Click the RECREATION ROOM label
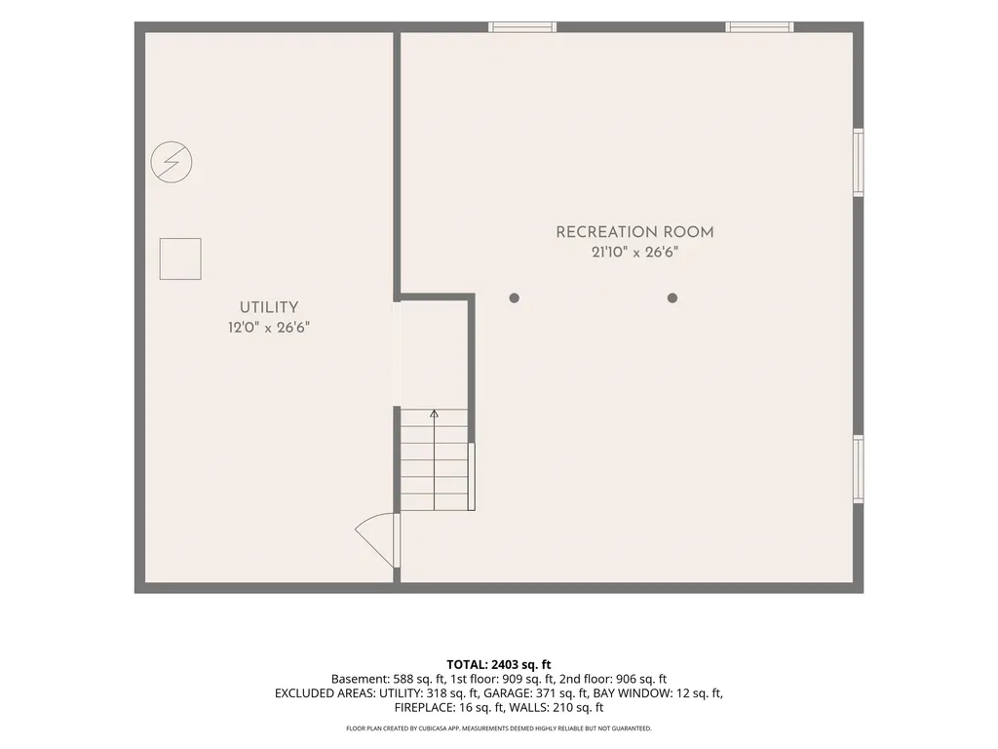tap(634, 232)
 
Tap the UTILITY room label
tap(269, 307)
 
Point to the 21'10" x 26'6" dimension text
tap(634, 253)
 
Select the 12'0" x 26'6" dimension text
tap(269, 328)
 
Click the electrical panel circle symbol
tap(172, 162)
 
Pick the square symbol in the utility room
tap(180, 258)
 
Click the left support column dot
tap(515, 298)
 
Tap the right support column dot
tap(672, 298)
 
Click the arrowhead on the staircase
tap(434, 414)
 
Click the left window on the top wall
tap(522, 26)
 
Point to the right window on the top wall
tap(759, 26)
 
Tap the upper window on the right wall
tap(858, 163)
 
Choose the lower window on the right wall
tap(858, 469)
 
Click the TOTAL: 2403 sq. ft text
tap(499, 665)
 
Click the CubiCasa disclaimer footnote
tap(499, 729)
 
